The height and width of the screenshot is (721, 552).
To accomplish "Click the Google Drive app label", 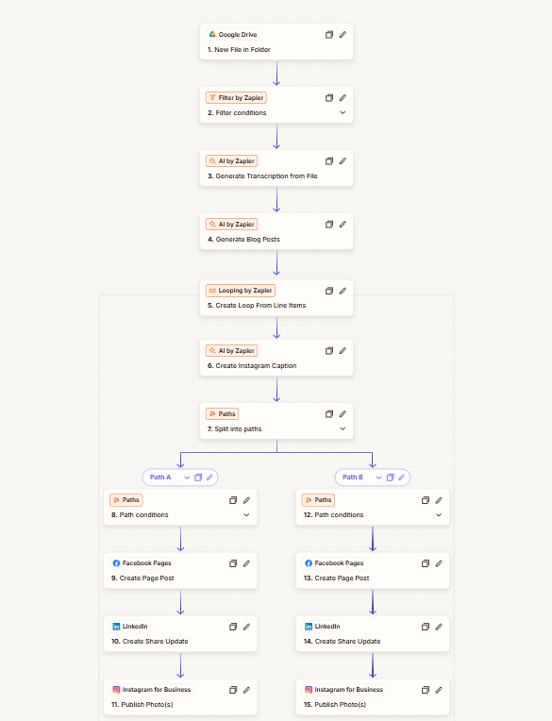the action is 233,35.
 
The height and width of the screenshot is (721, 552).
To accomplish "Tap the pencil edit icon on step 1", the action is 343,35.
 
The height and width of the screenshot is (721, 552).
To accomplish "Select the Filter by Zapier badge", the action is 236,98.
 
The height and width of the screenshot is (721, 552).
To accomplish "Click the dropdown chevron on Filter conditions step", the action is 343,112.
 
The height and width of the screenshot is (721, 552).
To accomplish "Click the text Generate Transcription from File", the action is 267,176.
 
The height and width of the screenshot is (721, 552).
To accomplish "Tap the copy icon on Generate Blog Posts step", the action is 329,225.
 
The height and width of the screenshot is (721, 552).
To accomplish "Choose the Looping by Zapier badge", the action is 241,291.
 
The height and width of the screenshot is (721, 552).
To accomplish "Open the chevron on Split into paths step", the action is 343,428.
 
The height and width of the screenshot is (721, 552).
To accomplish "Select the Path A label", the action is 160,478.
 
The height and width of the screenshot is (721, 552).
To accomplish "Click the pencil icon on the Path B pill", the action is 401,478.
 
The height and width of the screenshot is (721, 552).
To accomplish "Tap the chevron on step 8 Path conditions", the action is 247,515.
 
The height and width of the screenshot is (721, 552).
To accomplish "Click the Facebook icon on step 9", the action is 116,563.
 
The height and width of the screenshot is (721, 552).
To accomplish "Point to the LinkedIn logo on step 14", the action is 309,627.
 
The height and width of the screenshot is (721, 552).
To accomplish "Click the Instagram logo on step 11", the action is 116,690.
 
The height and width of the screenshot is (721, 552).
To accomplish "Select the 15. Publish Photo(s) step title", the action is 335,704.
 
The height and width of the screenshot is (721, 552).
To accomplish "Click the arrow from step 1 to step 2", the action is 276,73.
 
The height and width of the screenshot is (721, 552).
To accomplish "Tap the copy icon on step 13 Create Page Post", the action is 426,563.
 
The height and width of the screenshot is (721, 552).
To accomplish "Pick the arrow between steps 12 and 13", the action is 373,539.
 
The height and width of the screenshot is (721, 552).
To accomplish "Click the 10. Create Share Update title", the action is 150,642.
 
